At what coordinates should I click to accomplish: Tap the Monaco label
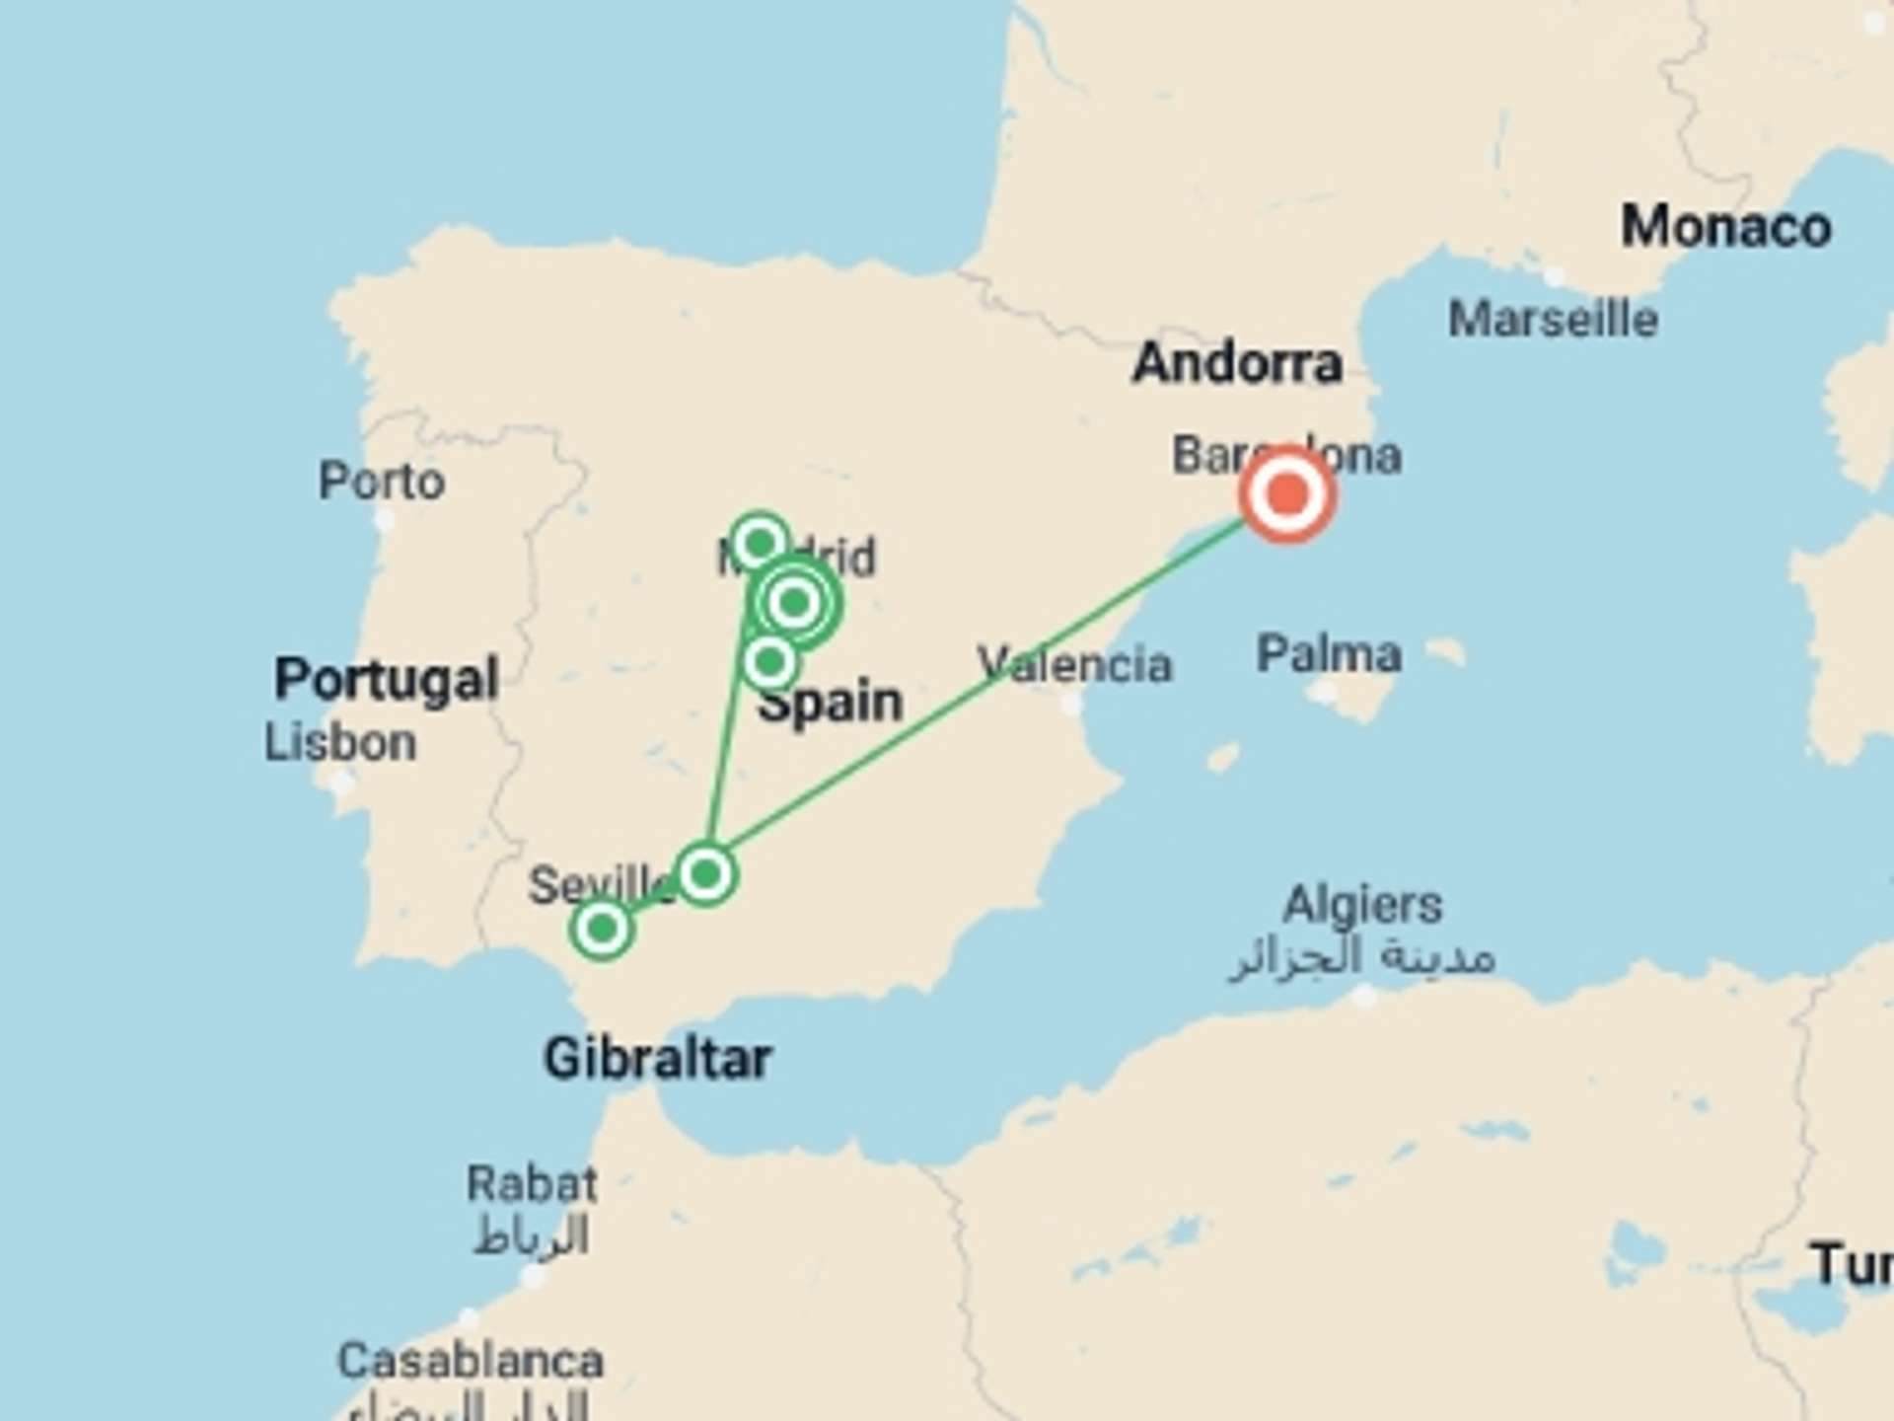pyautogui.click(x=1726, y=227)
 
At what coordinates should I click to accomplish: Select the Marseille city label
pyautogui.click(x=1553, y=320)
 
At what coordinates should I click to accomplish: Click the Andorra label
pyautogui.click(x=1237, y=363)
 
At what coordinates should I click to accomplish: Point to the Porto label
pyautogui.click(x=382, y=482)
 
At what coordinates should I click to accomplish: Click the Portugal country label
pyautogui.click(x=386, y=679)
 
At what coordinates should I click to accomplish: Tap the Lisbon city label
pyautogui.click(x=340, y=743)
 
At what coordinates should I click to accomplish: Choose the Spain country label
pyautogui.click(x=831, y=703)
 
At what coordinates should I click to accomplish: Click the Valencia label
pyautogui.click(x=1074, y=664)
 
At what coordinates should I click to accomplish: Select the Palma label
pyautogui.click(x=1329, y=654)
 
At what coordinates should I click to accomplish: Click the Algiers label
pyautogui.click(x=1362, y=905)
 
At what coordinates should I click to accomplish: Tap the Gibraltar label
pyautogui.click(x=657, y=1059)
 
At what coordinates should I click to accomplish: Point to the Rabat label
pyautogui.click(x=532, y=1183)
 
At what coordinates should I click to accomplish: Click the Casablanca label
pyautogui.click(x=471, y=1362)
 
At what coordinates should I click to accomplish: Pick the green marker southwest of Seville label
pyautogui.click(x=602, y=929)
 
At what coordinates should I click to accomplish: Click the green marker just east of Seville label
pyautogui.click(x=705, y=874)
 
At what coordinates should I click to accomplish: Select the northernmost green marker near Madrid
pyautogui.click(x=760, y=543)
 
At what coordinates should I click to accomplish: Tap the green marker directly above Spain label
pyautogui.click(x=770, y=661)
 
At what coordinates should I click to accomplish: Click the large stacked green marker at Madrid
pyautogui.click(x=795, y=602)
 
